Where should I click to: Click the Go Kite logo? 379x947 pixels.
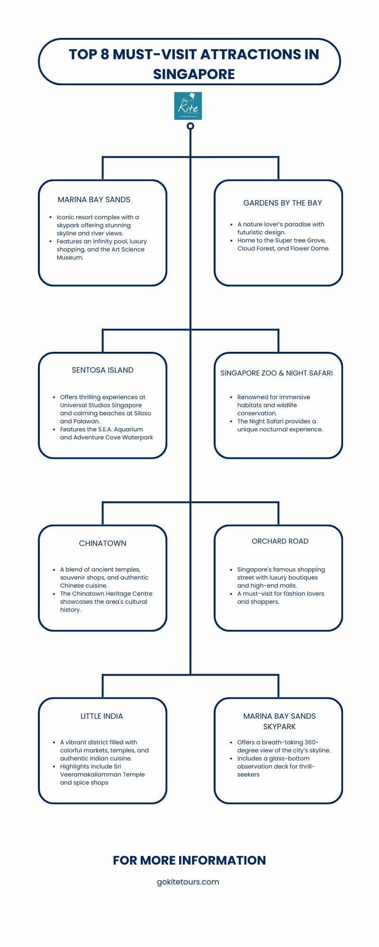188,106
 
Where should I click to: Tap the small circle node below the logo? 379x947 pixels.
190,126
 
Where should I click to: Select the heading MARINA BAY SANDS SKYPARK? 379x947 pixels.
280,721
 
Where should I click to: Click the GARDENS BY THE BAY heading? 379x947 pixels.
282,203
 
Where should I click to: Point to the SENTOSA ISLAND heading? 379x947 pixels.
102,370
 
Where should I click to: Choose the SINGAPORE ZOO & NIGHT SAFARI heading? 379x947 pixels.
277,373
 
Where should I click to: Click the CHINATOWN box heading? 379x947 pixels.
103,543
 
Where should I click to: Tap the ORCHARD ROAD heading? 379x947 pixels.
280,541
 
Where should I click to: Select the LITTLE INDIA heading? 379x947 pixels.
102,716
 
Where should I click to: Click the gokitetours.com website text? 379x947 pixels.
188,882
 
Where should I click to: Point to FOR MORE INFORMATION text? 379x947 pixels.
189,860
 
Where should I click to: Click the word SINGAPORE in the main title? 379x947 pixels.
194,74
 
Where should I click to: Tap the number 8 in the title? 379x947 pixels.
105,54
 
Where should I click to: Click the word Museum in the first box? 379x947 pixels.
70,258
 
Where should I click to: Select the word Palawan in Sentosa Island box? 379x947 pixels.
87,421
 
